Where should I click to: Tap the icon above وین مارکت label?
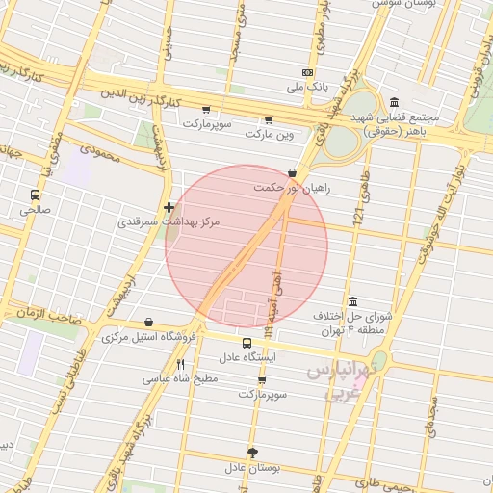pos(268,120)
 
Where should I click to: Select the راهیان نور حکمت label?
pos(292,188)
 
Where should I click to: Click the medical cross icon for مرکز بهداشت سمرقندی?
pos(169,206)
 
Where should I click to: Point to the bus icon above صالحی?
pos(36,195)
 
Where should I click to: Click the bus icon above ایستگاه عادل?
pos(247,343)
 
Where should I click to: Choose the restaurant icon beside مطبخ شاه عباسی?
pos(180,364)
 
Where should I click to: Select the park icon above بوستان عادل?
pos(252,453)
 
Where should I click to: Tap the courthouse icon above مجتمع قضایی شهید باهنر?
pos(395,103)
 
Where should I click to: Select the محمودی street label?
pos(99,152)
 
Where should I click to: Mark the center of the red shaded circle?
pos(246,246)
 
